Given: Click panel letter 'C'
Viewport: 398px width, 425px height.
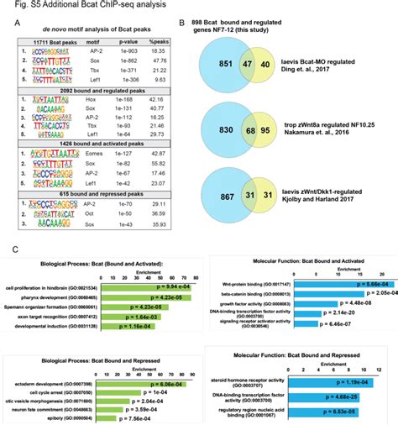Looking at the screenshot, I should click(16, 249).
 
